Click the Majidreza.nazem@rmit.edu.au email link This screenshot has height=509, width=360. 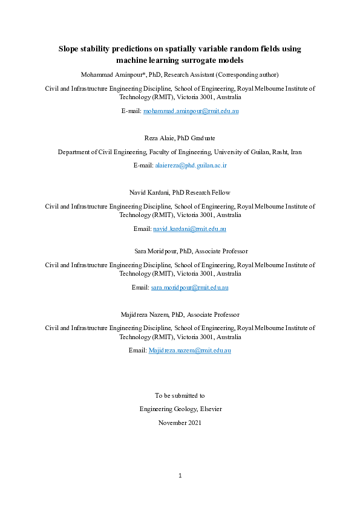[191, 351]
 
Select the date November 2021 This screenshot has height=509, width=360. [180, 423]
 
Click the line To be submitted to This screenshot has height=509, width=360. [180, 395]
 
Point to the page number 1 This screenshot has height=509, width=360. [180, 476]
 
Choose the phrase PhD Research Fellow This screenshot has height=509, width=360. [203, 192]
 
